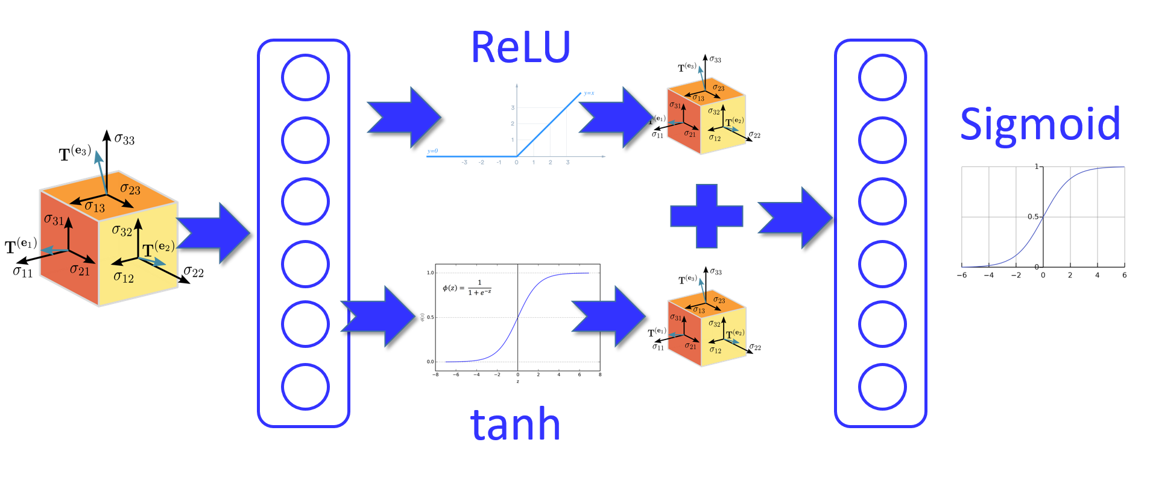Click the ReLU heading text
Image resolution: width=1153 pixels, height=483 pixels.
pos(520,47)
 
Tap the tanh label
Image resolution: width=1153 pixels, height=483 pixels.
pos(515,425)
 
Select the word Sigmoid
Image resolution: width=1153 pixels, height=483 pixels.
pos(1040,124)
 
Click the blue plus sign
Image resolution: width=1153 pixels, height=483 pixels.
pos(706,216)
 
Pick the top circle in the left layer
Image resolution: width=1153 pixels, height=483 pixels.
pos(305,78)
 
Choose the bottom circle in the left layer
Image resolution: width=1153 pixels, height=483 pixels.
pos(305,387)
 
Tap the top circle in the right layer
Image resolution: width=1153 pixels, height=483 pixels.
pos(882,78)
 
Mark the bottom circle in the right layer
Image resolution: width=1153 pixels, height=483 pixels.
pos(882,387)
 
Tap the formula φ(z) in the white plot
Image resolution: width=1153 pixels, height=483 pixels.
pos(467,288)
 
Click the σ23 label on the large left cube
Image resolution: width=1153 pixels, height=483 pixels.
pos(130,189)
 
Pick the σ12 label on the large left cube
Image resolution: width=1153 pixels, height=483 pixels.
pos(124,277)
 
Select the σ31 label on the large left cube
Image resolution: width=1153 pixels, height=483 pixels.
pos(54,219)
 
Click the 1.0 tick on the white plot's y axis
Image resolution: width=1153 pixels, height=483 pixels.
pos(430,273)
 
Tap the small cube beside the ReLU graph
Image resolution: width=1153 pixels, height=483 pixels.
pos(706,115)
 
